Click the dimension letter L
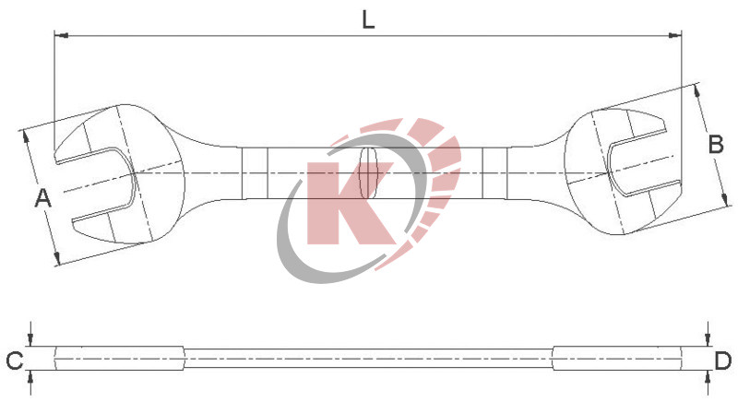coord(368,19)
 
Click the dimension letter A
coord(42,196)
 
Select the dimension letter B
coord(714,144)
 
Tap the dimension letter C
coord(14,361)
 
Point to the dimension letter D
coord(723,361)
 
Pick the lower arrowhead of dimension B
coord(727,201)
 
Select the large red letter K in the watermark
coord(346,203)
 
